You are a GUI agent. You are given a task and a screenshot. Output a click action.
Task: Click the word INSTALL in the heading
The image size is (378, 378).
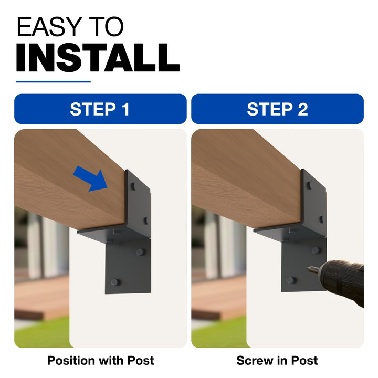coord(98,58)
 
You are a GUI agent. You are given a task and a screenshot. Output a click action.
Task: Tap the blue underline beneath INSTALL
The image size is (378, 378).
coord(53,82)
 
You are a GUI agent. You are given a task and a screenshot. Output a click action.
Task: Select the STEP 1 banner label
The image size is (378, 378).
coord(100,109)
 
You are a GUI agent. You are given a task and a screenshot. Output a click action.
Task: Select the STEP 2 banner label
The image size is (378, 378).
coord(278,109)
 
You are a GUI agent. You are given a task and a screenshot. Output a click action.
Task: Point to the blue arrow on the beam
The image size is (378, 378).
coord(91,178)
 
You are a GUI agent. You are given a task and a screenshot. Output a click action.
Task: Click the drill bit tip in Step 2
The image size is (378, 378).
coord(309,268)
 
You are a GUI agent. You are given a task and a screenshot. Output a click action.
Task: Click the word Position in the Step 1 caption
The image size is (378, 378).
coord(72,361)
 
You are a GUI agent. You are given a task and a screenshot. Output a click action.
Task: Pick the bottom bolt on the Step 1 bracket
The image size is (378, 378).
coord(115,282)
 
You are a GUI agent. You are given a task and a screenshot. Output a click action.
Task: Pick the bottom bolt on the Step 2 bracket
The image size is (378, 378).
coord(291,280)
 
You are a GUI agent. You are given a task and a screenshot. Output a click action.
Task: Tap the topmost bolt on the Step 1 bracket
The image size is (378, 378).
coord(133,186)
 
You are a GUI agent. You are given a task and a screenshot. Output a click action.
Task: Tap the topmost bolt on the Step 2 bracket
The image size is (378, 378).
coord(309,185)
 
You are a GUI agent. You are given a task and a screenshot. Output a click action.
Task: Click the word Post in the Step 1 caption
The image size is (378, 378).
coord(141,361)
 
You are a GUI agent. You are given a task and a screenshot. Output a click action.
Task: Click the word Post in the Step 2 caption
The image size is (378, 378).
coord(304,361)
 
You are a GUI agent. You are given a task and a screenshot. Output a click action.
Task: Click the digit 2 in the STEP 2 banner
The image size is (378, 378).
coord(303,109)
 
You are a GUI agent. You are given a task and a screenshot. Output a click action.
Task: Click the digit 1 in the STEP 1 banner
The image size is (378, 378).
coord(126,109)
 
